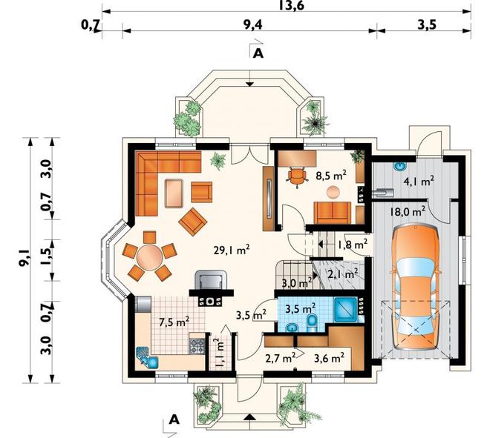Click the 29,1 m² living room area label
pyautogui.click(x=231, y=250)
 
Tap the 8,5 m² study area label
pyautogui.click(x=330, y=176)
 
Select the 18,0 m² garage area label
pyautogui.click(x=408, y=211)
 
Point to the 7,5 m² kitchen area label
pyautogui.click(x=174, y=322)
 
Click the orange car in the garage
pyautogui.click(x=415, y=288)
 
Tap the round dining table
pyautogui.click(x=150, y=257)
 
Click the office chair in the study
pyautogui.click(x=296, y=177)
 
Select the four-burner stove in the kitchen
pyautogui.click(x=197, y=346)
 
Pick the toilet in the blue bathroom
pyautogui.click(x=312, y=323)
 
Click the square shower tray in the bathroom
pyautogui.click(x=345, y=309)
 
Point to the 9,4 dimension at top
pyautogui.click(x=252, y=25)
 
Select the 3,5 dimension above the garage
pyautogui.click(x=427, y=25)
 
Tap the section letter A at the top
pyautogui.click(x=258, y=54)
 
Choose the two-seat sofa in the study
pyautogui.click(x=333, y=213)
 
